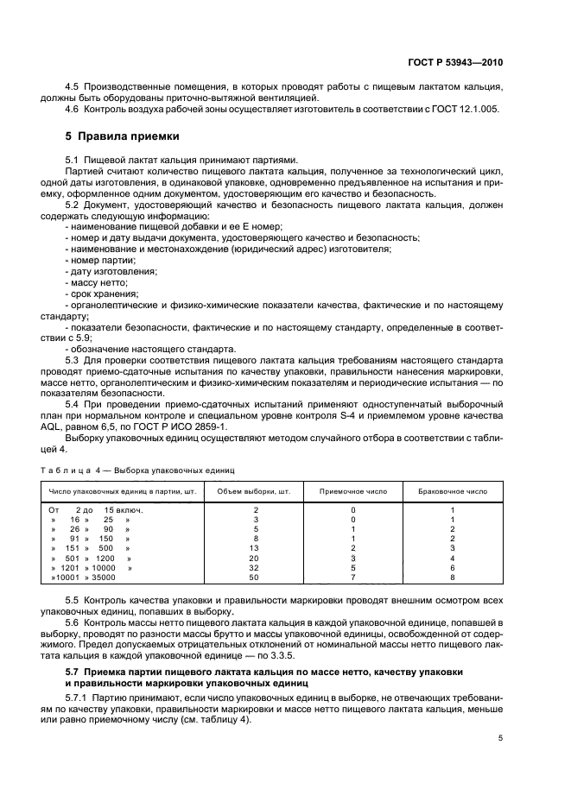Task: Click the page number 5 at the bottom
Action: (500, 738)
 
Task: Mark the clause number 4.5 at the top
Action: (73, 87)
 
